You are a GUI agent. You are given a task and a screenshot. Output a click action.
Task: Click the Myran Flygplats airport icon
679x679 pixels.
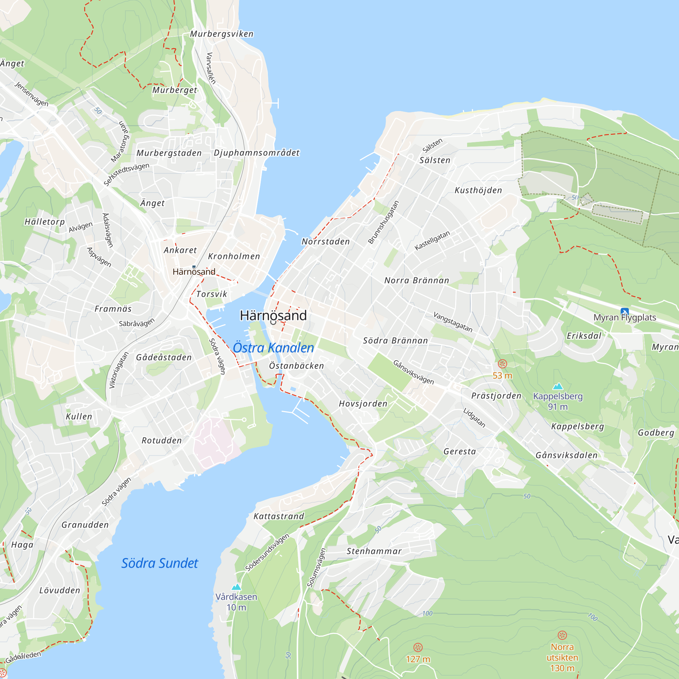(x=625, y=311)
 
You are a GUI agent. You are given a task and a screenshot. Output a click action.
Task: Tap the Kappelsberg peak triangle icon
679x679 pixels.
(x=558, y=387)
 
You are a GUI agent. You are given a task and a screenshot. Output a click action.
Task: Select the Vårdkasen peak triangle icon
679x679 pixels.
(x=236, y=587)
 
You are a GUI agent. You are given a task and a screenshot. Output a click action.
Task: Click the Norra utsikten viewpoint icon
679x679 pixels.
(x=562, y=635)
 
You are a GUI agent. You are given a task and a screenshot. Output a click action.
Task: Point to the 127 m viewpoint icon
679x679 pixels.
(x=418, y=647)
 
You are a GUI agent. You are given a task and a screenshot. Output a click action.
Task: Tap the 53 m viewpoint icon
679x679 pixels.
(x=502, y=364)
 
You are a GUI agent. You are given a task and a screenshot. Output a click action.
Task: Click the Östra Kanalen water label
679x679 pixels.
(x=273, y=348)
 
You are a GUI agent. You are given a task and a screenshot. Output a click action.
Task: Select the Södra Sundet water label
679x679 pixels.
(x=160, y=563)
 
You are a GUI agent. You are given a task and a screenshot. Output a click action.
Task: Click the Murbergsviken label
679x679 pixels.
(x=222, y=34)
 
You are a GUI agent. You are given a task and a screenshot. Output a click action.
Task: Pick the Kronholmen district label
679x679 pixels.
(x=234, y=256)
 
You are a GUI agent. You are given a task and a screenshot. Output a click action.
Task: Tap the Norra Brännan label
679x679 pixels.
(x=417, y=280)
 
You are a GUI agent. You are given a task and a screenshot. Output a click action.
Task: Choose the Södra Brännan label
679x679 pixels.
(x=396, y=341)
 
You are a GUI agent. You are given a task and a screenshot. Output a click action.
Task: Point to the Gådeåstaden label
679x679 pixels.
(x=164, y=357)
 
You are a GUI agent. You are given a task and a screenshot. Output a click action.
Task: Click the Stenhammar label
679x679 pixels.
(x=374, y=551)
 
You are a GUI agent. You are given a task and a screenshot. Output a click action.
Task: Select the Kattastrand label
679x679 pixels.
(x=279, y=516)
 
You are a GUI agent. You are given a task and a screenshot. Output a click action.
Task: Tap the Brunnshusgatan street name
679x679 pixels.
(x=383, y=222)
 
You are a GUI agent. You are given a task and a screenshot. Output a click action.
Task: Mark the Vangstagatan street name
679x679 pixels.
(x=453, y=322)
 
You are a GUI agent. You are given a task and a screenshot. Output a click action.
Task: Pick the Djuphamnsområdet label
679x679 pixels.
(x=257, y=153)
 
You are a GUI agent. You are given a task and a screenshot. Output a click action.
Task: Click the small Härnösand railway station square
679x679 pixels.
(x=194, y=267)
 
